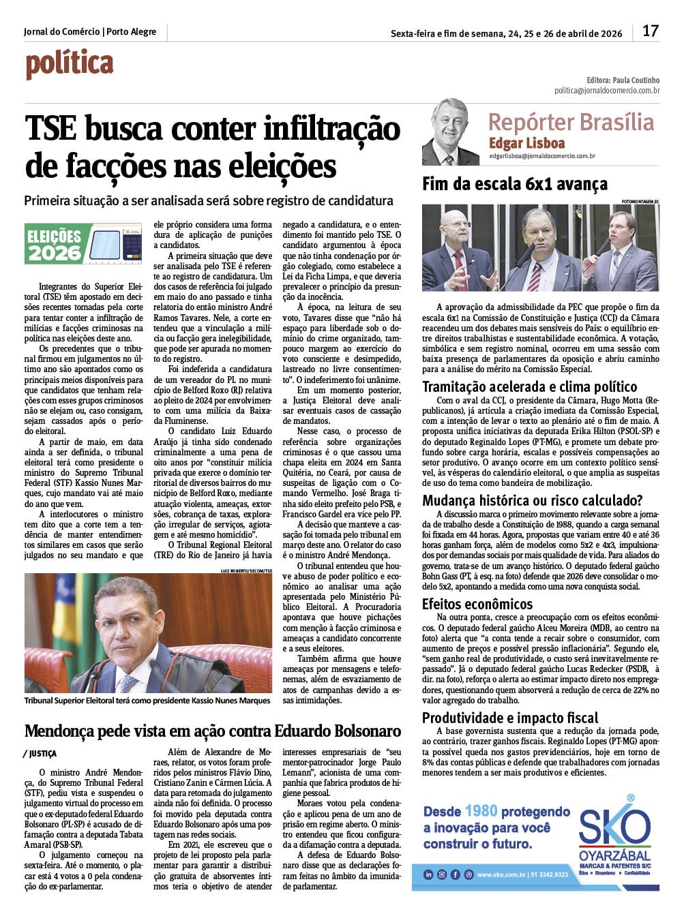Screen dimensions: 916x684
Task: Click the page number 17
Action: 651,31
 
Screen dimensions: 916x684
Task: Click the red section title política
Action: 69,65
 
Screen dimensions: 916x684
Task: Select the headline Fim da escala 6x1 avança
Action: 514,184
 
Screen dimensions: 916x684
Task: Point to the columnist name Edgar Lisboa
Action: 526,143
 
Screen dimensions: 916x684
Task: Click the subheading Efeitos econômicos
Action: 477,604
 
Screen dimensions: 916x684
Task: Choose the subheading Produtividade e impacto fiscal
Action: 509,718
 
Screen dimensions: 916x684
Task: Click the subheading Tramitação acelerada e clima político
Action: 529,387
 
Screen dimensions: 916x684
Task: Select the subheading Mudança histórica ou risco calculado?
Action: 532,501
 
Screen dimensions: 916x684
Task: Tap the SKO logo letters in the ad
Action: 614,826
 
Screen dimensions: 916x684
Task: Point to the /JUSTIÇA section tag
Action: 40,754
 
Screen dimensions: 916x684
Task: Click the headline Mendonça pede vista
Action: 212,732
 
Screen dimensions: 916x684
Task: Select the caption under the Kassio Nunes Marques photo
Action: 147,701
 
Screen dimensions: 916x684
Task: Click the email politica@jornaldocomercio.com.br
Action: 606,91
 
